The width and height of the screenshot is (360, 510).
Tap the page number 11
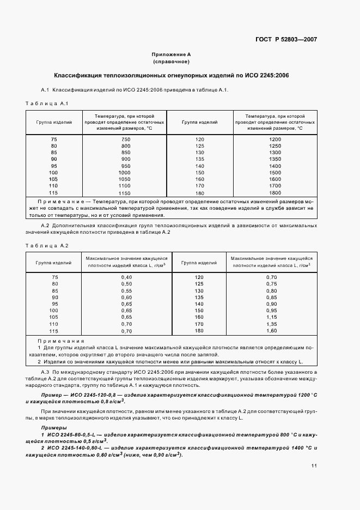[314, 466]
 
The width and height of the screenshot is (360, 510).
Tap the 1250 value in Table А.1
[275, 147]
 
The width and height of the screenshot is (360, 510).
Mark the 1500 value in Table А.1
[275, 173]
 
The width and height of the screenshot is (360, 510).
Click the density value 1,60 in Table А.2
[271, 331]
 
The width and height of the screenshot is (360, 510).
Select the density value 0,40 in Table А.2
[126, 277]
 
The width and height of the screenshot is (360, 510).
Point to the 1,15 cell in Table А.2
[271, 317]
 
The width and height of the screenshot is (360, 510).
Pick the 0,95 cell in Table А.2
[271, 311]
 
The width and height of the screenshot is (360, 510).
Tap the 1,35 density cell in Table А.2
[271, 324]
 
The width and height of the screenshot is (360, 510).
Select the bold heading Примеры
[53, 428]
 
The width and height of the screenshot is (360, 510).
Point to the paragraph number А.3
[46, 372]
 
